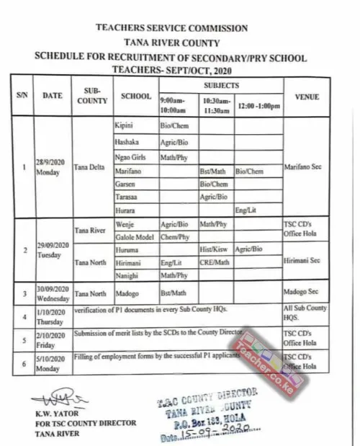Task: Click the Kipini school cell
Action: pos(125,125)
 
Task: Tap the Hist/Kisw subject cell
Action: pos(214,249)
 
